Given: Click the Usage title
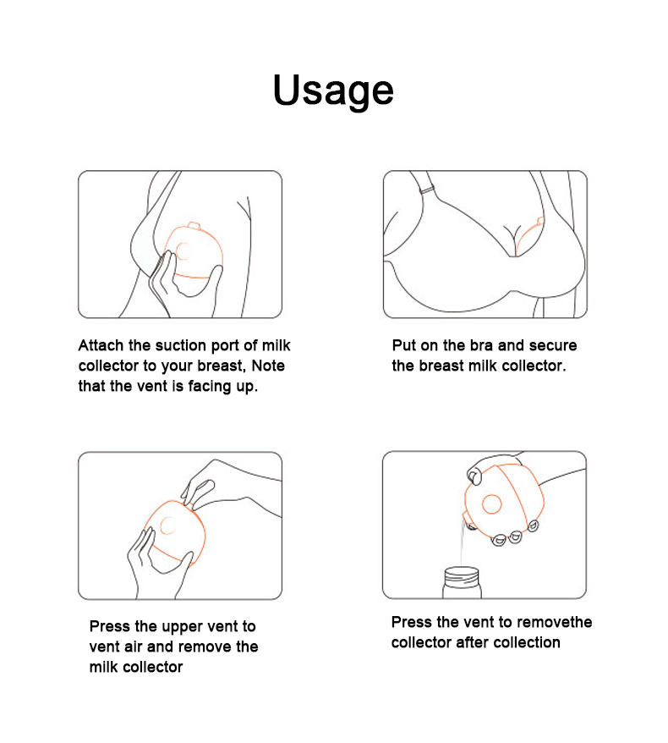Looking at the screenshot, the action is (333, 91).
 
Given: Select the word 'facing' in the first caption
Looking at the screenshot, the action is (210, 387).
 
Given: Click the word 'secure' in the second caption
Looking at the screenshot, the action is (553, 345).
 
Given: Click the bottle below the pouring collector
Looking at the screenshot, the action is (461, 583).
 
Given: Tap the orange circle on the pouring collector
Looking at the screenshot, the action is (491, 504).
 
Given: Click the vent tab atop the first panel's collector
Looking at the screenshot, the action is (194, 225).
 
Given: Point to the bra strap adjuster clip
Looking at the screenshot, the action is (427, 189).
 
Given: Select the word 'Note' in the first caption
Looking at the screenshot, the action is (268, 366).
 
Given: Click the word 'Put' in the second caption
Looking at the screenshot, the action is (403, 345).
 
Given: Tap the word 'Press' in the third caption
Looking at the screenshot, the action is (110, 626).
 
